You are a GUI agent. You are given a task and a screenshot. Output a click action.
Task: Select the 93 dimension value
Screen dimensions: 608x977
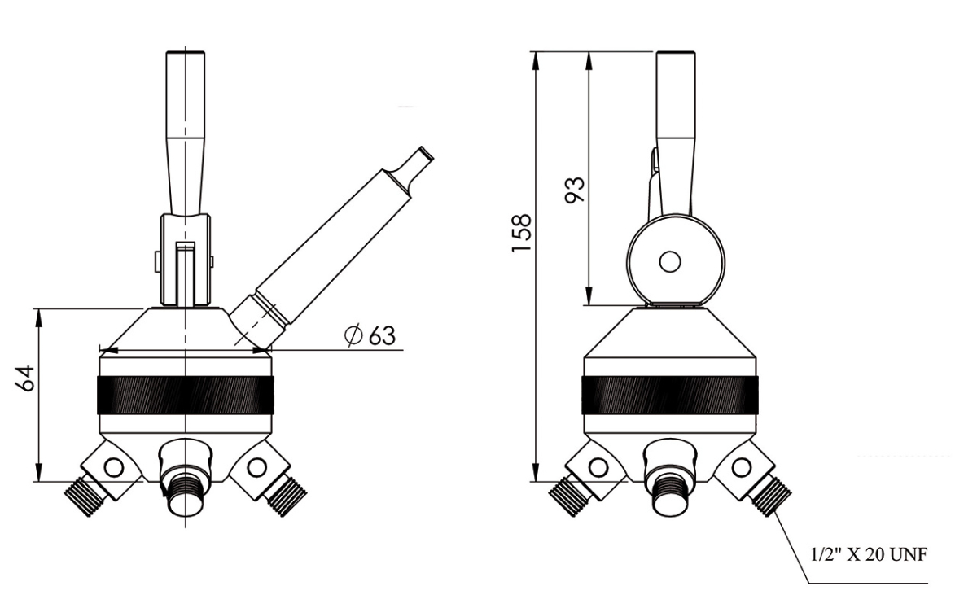[x=576, y=189]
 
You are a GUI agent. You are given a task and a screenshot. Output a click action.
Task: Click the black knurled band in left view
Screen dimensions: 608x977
[x=186, y=396]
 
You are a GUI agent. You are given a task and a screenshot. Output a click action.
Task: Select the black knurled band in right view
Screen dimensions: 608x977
[x=670, y=396]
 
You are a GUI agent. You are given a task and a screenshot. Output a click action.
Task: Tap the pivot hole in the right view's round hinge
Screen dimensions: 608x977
[x=670, y=261]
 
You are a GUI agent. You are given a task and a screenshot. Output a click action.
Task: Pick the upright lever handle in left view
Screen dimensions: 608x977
[x=186, y=130]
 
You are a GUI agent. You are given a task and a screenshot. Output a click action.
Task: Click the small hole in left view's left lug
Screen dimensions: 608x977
[x=113, y=467]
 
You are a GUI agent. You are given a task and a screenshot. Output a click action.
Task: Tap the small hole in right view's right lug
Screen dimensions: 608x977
[x=742, y=466]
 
